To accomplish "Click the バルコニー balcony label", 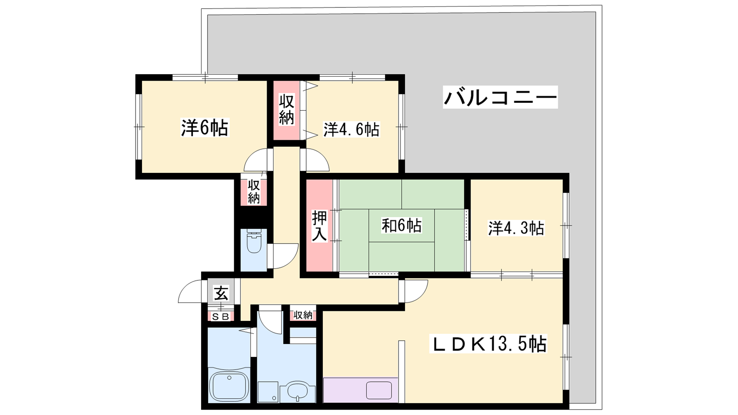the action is (x=500, y=97).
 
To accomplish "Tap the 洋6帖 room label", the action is (x=205, y=128).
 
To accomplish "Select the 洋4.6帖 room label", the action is (x=351, y=130).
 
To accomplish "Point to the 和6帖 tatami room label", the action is (x=401, y=226).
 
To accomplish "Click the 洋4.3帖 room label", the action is (x=516, y=228).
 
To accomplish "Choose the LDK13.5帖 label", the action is (x=488, y=344).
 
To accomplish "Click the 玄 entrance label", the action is (x=221, y=293).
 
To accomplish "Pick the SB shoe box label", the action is (x=220, y=317).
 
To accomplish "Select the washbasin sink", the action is (x=298, y=391).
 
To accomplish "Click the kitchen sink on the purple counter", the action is (x=379, y=390).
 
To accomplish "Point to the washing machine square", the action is (x=268, y=392).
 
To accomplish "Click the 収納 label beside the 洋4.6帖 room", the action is (x=286, y=110).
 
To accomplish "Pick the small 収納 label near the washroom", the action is (x=303, y=315).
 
